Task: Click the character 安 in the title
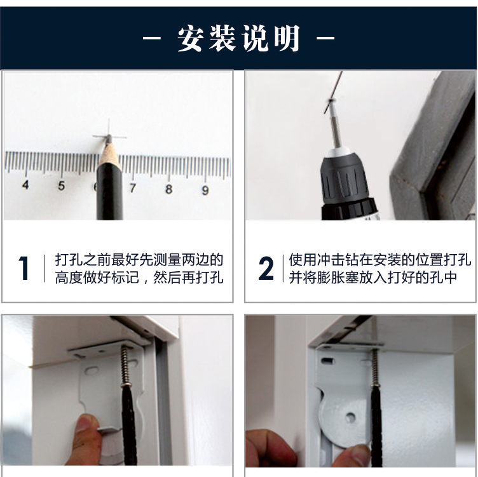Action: point(191,38)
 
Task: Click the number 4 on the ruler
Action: point(25,185)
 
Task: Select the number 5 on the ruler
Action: point(61,185)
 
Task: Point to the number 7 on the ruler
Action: point(132,188)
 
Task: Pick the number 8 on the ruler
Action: point(168,189)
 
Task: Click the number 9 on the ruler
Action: point(205,191)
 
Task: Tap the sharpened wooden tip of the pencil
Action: point(109,152)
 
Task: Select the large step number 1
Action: point(24,268)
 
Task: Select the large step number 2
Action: point(266,268)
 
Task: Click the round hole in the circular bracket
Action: point(350,417)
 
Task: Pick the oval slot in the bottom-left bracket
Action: point(92,370)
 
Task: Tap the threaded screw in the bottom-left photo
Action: point(125,365)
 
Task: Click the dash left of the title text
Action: point(152,38)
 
